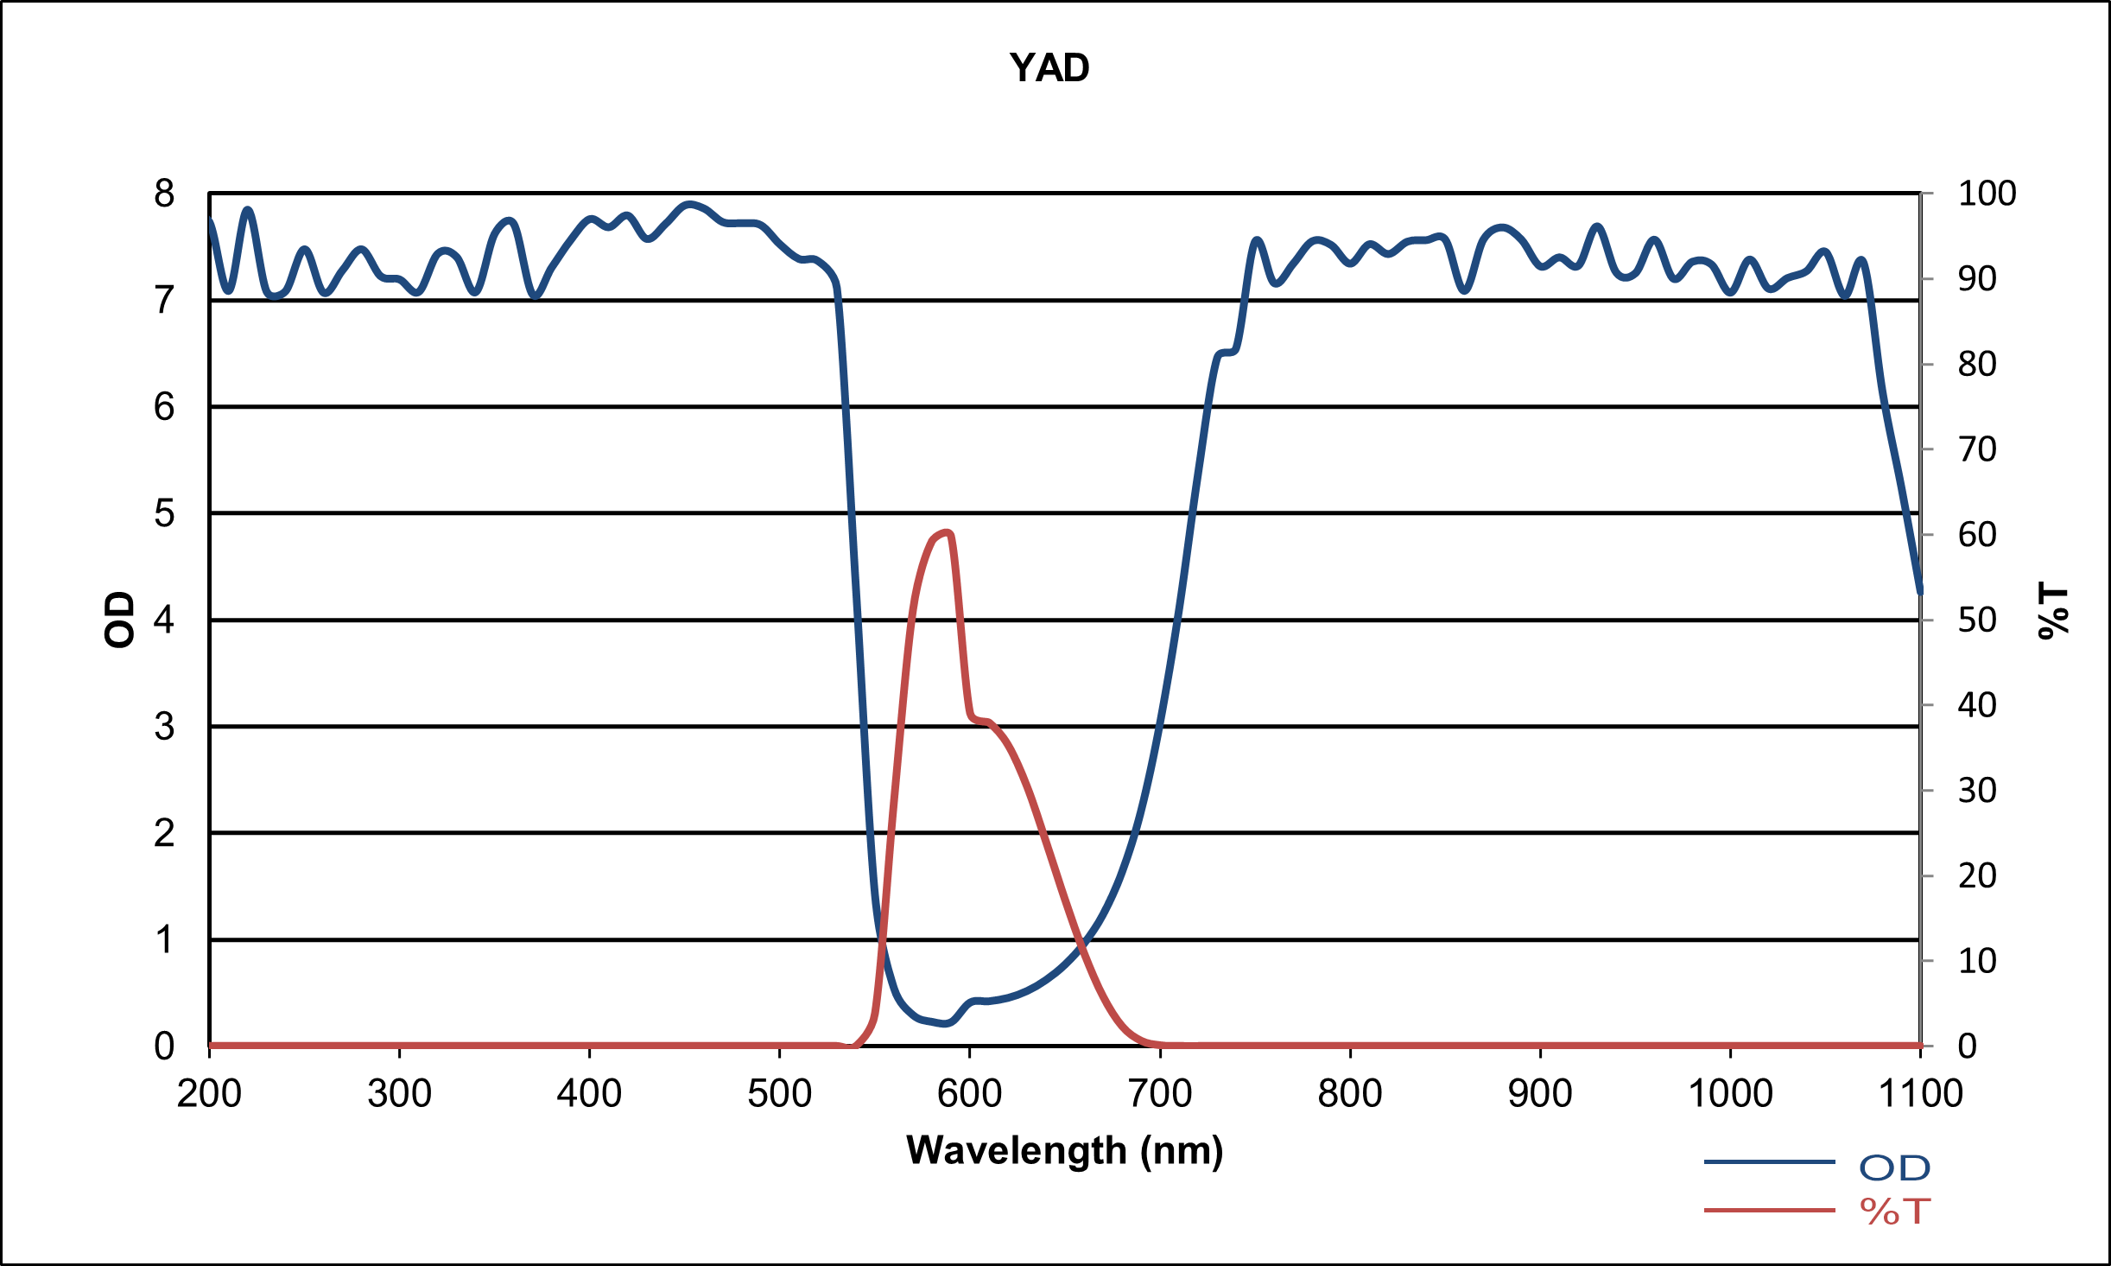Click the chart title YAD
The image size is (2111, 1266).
pos(1049,67)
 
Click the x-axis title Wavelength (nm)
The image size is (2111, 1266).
pos(1065,1151)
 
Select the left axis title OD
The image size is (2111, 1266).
pos(119,620)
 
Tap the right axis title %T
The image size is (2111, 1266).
pos(2053,611)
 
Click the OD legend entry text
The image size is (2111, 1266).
pos(1894,1168)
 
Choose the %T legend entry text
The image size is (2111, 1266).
pos(1894,1212)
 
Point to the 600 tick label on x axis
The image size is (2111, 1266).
pos(969,1094)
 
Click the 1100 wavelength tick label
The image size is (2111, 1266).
pos(1920,1094)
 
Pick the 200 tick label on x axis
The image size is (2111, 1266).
pos(209,1094)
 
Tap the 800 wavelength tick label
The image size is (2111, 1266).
pos(1349,1094)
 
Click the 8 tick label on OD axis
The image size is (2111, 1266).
pos(164,194)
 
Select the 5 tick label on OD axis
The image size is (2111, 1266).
pos(164,513)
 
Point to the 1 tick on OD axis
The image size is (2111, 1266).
pos(164,939)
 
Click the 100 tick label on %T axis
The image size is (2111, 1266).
pos(1987,194)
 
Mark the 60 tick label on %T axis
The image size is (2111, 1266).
pos(1977,535)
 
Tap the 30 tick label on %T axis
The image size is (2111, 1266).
pos(1977,791)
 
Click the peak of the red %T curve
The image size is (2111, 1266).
pos(948,532)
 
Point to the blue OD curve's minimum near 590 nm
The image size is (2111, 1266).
pos(946,1024)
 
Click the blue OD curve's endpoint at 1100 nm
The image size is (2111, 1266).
pos(1920,593)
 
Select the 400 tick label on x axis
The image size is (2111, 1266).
pos(589,1094)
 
